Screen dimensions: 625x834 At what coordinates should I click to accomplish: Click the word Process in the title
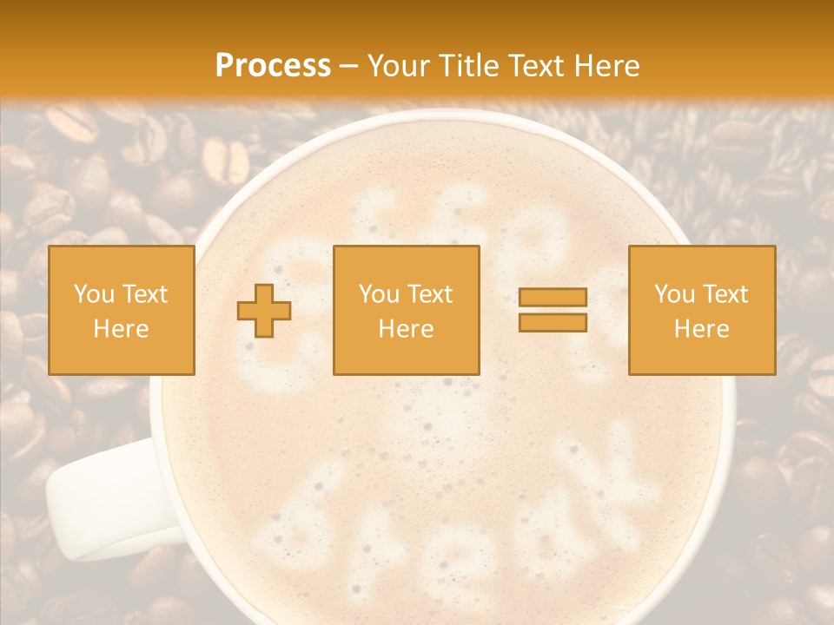point(273,66)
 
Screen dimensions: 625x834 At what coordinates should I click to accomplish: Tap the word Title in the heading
point(467,66)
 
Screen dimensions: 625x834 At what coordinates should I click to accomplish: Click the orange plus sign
point(264,310)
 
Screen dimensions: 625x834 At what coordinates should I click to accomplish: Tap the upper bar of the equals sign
point(553,298)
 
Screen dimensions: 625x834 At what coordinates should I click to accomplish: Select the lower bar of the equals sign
point(553,322)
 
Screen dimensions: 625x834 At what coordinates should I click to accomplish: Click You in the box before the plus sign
point(94,294)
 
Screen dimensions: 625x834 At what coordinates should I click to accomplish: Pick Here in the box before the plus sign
point(121,329)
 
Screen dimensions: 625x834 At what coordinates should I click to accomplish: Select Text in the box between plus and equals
point(431,294)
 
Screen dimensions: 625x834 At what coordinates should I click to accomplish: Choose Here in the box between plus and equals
point(406,329)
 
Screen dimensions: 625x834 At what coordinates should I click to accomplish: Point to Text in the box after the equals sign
point(726,294)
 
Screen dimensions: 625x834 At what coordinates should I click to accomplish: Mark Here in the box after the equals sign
point(701,329)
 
